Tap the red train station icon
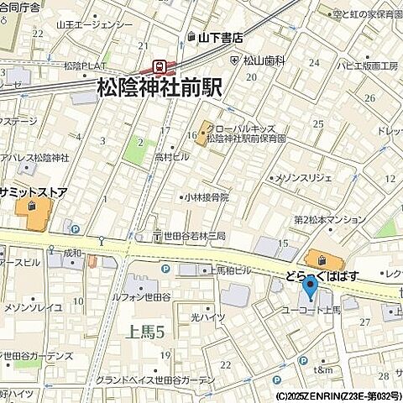point(159,66)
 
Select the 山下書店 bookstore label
point(220,37)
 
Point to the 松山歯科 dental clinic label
point(264,60)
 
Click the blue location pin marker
point(309,289)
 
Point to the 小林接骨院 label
point(207,198)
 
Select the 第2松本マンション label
point(329,220)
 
